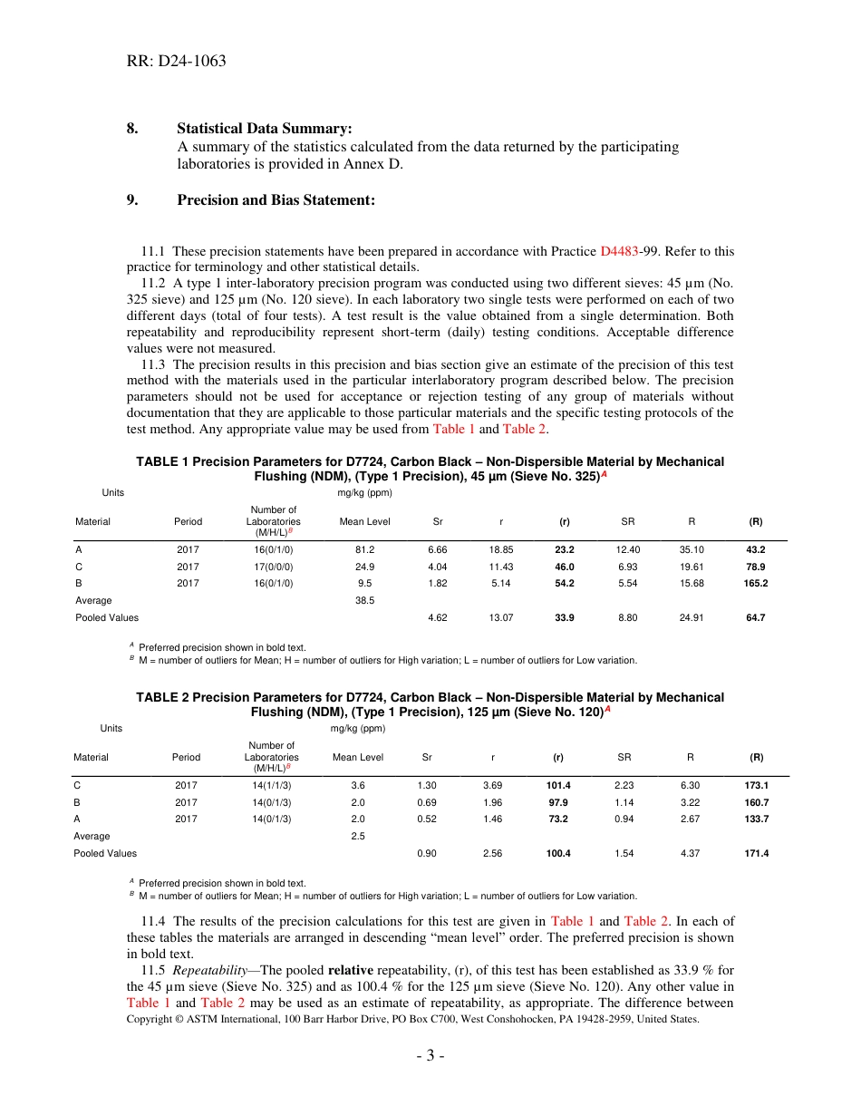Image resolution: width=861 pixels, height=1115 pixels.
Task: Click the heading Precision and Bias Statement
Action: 276,199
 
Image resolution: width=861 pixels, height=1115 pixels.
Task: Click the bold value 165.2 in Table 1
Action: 755,583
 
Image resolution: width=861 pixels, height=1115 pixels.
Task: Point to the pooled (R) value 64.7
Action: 755,617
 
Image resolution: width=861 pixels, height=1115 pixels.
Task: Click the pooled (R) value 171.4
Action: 755,853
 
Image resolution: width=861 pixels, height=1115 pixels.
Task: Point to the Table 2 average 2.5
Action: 358,836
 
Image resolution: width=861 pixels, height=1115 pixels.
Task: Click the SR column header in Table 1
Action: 627,522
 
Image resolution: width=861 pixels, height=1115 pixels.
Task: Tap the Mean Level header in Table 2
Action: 358,757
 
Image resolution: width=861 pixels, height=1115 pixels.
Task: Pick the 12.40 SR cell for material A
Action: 627,549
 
